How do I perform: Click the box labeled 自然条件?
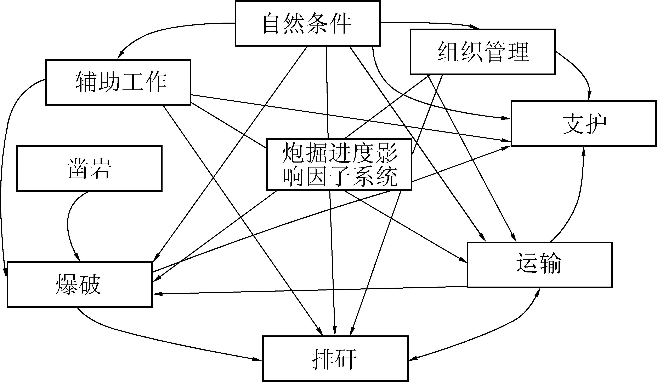click(308, 23)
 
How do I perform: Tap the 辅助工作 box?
click(118, 82)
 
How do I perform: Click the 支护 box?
click(583, 123)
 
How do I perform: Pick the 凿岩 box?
click(89, 169)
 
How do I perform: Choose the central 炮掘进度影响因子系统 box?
click(339, 165)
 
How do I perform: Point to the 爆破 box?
click(80, 285)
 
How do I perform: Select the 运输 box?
click(539, 265)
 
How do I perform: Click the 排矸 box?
click(335, 359)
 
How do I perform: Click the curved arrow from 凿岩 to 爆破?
click(68, 224)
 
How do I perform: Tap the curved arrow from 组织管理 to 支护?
click(580, 70)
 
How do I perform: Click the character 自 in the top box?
click(271, 24)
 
